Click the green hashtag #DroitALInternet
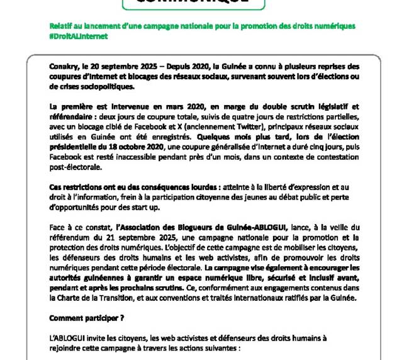79,37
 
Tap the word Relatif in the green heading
62,26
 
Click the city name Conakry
64,66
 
